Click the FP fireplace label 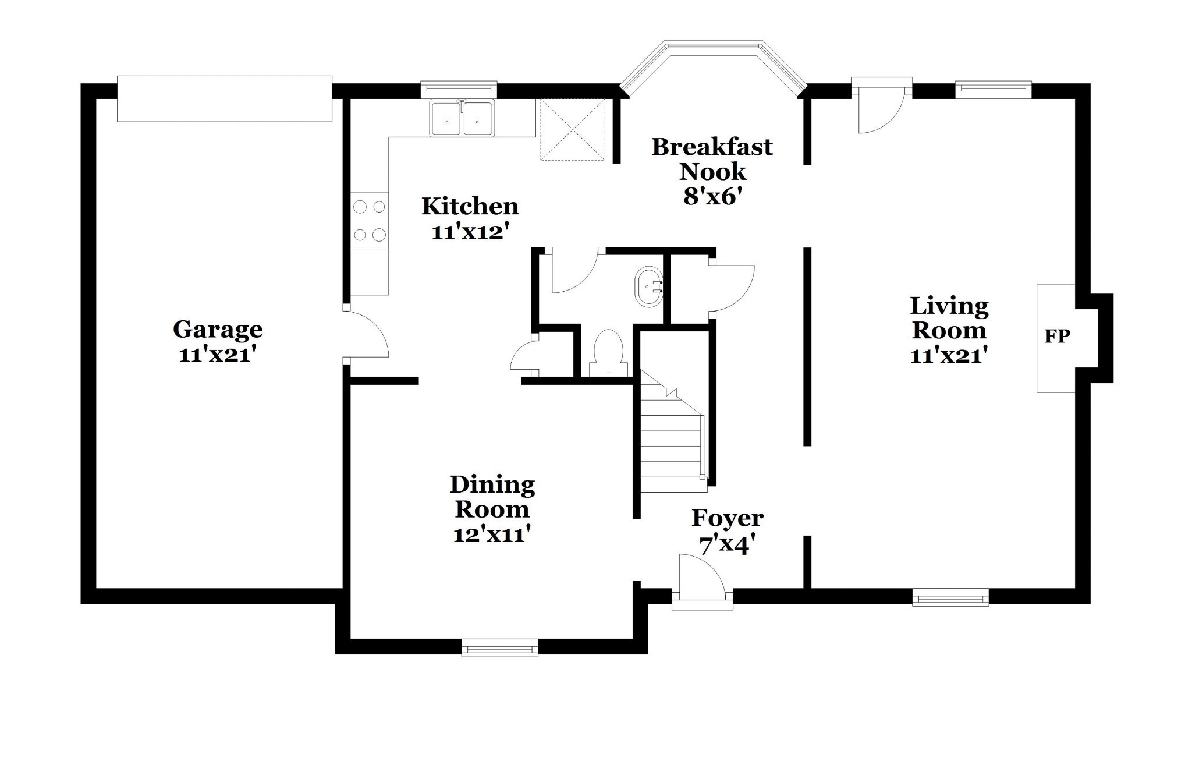1057,337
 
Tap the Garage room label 218,330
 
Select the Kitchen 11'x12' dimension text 470,232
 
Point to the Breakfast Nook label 712,159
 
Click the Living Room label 949,318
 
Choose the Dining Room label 492,497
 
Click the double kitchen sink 462,118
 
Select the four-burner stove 370,221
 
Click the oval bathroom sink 650,287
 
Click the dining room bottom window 499,647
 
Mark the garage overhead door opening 225,98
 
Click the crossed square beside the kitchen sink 573,129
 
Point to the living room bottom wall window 950,597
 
